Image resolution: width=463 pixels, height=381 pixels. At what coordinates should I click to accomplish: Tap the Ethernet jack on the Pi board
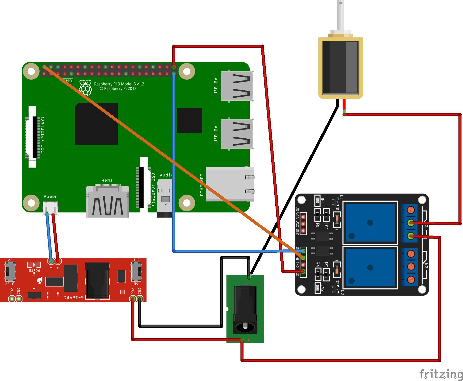pyautogui.click(x=229, y=184)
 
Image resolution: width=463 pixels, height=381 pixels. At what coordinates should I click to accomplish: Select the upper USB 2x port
pyautogui.click(x=237, y=86)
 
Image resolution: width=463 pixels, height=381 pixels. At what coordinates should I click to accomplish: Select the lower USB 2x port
pyautogui.click(x=237, y=134)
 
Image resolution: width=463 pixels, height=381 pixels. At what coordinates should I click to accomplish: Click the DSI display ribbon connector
pyautogui.click(x=33, y=137)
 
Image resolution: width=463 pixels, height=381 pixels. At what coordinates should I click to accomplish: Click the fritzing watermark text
pyautogui.click(x=441, y=374)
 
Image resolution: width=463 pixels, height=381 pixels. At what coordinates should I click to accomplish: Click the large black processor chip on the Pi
pyautogui.click(x=96, y=124)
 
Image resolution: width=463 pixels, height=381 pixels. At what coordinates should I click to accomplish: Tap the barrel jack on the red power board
pyautogui.click(x=97, y=281)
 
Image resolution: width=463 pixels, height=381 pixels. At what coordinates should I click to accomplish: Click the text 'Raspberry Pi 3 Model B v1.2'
pyautogui.click(x=119, y=84)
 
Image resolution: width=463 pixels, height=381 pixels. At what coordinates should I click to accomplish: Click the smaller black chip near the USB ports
pyautogui.click(x=189, y=120)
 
